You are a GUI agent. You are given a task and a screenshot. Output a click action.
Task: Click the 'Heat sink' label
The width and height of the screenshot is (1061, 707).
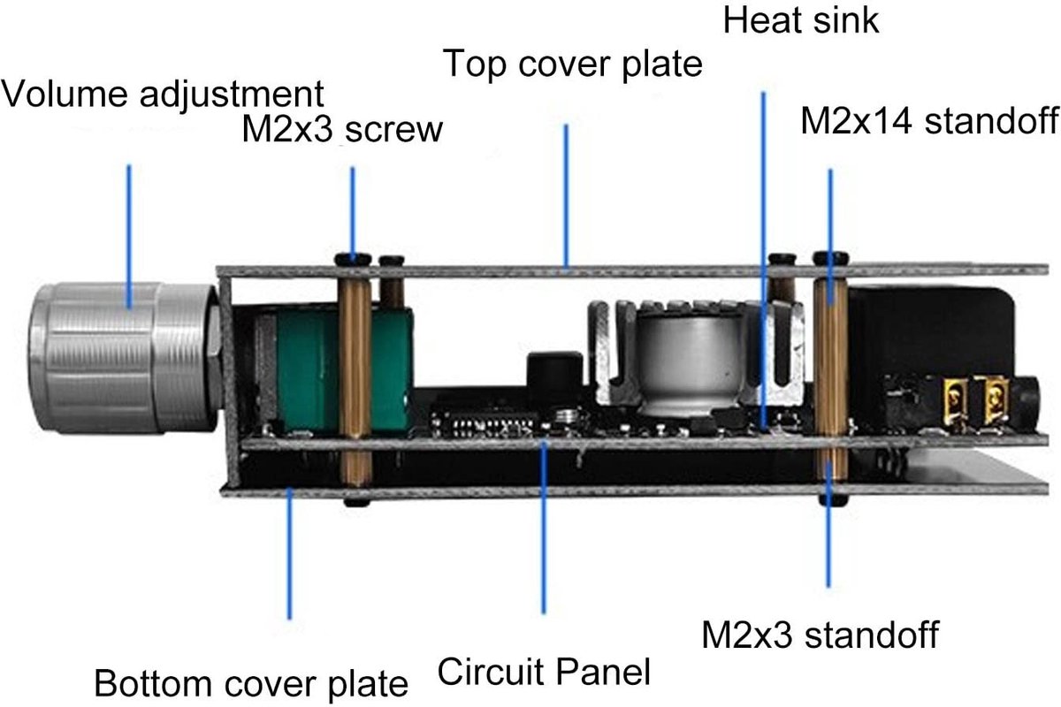(801, 20)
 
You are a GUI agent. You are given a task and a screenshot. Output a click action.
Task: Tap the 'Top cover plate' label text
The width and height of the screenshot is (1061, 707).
(573, 65)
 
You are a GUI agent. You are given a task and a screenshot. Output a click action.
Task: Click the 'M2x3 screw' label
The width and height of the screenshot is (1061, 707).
(342, 129)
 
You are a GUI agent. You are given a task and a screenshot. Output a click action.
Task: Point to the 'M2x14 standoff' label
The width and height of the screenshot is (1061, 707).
(930, 121)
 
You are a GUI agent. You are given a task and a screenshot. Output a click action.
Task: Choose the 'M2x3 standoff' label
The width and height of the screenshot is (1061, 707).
(821, 635)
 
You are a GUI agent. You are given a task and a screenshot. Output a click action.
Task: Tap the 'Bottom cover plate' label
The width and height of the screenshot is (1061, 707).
(251, 684)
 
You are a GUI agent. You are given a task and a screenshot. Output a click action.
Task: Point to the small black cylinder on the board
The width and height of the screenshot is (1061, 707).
(554, 378)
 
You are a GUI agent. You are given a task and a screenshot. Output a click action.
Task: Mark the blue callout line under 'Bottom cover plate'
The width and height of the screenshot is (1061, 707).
(290, 553)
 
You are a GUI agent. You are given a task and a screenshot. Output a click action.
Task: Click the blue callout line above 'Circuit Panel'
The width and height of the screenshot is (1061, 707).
(543, 528)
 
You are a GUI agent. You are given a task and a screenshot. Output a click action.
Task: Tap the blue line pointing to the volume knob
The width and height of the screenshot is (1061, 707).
(129, 236)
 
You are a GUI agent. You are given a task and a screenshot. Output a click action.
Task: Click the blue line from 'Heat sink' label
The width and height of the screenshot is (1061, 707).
(763, 260)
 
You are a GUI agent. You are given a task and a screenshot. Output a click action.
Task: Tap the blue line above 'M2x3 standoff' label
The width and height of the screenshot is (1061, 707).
(828, 524)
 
